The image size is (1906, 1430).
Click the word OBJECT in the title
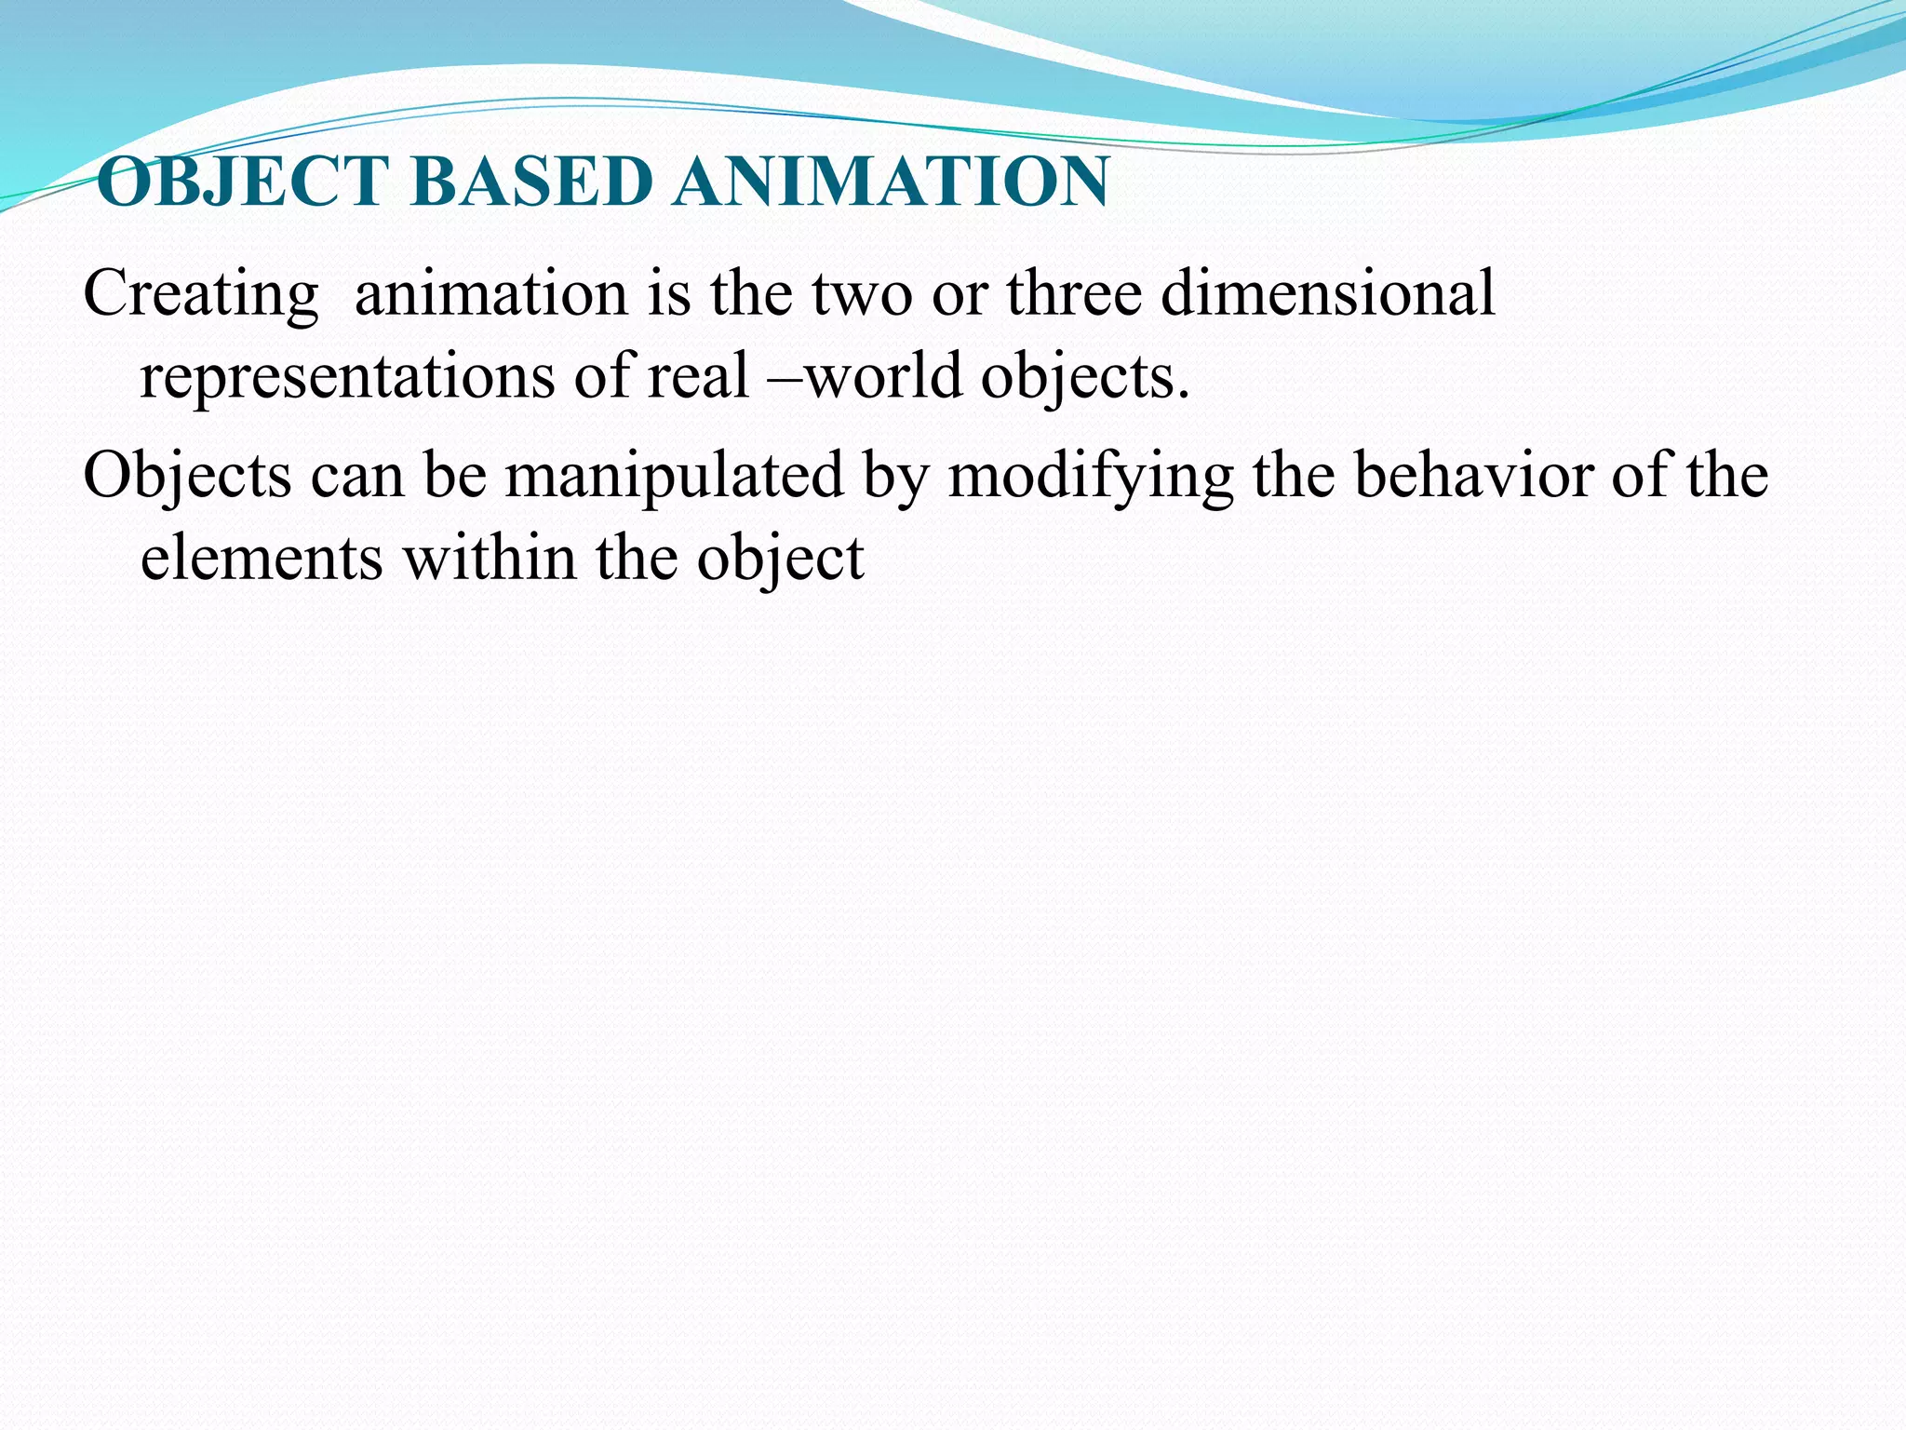click(243, 182)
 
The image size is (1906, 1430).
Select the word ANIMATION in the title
click(892, 182)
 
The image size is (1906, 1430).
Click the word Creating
click(201, 294)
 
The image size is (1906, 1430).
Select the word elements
click(262, 559)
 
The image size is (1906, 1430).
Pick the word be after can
click(455, 475)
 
